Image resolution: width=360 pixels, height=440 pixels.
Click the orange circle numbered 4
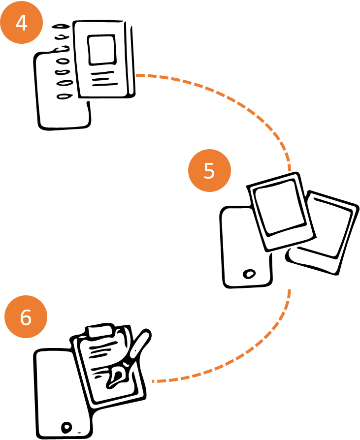21,23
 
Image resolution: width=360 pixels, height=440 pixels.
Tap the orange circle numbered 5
209,170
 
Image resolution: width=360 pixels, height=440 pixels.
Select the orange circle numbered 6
26,316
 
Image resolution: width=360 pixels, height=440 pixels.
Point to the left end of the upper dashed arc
136,75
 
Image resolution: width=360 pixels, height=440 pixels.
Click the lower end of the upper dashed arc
290,171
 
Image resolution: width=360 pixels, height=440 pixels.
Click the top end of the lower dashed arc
290,290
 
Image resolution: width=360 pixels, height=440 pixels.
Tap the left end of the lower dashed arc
153,381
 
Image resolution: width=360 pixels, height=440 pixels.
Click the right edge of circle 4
43,23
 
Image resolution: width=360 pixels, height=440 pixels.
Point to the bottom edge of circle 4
21,44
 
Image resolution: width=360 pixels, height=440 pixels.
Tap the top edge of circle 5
209,149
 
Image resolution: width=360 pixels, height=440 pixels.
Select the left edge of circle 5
188,170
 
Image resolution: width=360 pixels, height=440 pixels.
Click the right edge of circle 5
231,170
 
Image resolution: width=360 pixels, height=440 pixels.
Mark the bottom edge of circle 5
209,192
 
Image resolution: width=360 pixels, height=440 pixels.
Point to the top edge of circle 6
26,295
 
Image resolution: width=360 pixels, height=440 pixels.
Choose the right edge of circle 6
47,316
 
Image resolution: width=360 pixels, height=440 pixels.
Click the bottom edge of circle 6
26,338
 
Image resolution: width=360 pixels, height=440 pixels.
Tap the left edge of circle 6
4,316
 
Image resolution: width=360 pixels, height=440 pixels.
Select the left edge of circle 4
0,23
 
